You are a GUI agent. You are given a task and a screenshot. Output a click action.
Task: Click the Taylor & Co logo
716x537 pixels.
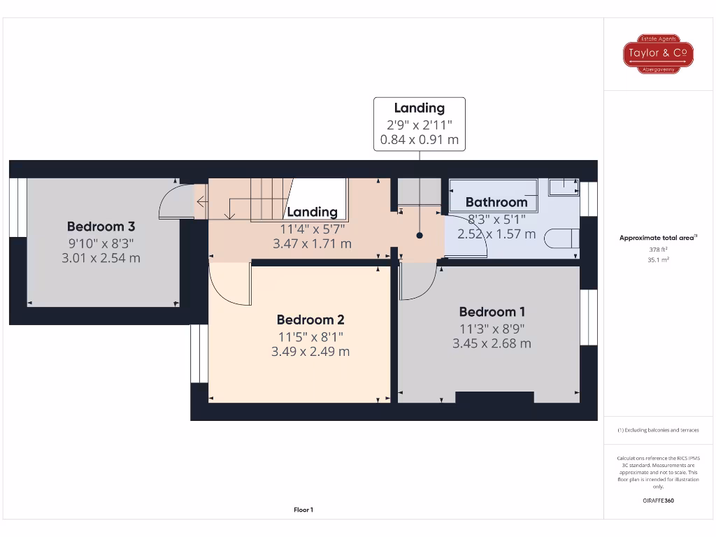658,54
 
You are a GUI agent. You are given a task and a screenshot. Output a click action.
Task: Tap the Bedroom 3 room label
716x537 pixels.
101,227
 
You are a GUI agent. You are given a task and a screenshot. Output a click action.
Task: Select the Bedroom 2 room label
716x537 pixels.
310,320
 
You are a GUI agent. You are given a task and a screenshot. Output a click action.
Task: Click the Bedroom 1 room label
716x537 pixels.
492,312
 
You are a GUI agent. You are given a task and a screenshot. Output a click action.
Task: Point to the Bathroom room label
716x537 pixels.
496,203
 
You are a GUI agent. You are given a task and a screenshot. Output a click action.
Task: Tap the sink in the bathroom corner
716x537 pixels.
564,187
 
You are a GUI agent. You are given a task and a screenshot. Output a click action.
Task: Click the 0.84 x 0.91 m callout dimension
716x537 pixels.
419,140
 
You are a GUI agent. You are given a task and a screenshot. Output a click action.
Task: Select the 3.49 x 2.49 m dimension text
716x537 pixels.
310,352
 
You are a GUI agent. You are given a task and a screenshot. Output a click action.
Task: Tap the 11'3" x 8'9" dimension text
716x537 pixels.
492,328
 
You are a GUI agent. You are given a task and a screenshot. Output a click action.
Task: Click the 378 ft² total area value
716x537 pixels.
657,249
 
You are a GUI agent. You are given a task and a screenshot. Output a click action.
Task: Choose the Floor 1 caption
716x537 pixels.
303,510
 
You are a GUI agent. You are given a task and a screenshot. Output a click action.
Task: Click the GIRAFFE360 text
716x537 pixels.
657,501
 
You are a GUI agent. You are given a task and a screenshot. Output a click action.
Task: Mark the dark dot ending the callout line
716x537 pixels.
420,236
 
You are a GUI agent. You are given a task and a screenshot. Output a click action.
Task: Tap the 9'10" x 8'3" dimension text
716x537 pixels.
101,243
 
